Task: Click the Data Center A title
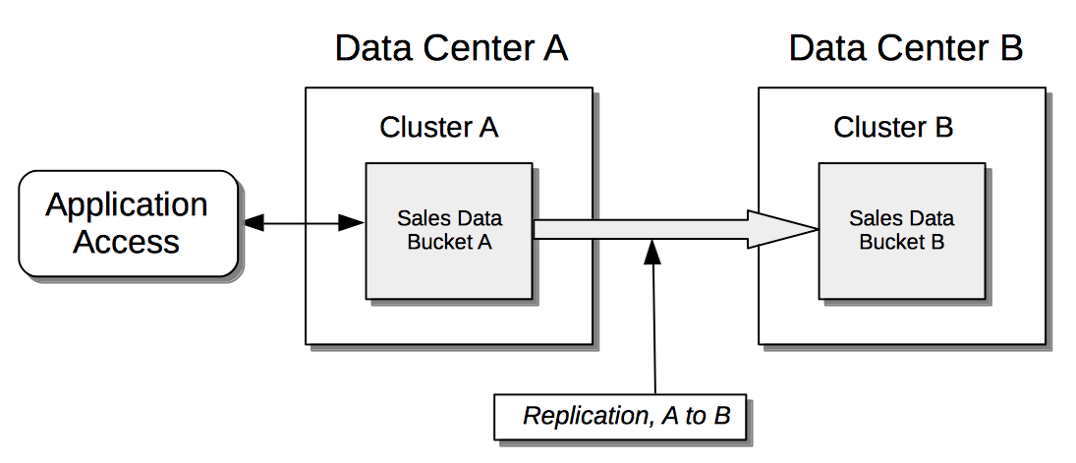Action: pos(451,47)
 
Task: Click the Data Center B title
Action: pos(905,47)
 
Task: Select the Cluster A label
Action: pos(439,127)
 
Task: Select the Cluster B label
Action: pos(893,127)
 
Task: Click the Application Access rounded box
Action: pos(127,223)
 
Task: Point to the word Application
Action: pos(127,204)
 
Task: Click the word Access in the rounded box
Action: pos(127,242)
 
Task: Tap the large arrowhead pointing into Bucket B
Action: pos(786,229)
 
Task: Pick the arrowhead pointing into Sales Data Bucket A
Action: pos(353,224)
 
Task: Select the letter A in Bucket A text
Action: pos(483,242)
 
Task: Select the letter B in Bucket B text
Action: pos(937,242)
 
